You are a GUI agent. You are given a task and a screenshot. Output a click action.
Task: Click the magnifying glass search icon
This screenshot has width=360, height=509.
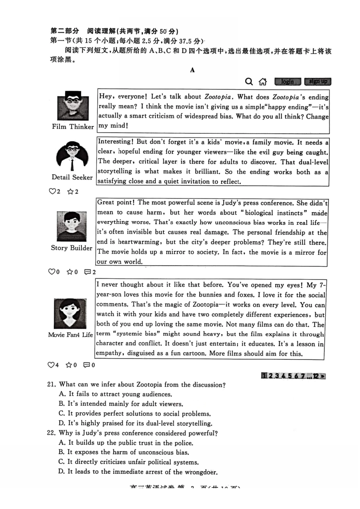249,81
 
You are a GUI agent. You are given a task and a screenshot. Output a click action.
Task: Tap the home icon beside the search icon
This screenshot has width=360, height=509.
263,81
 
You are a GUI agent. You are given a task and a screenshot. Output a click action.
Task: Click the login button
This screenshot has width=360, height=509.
287,81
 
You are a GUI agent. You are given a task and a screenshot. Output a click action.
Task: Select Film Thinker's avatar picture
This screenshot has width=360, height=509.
73,106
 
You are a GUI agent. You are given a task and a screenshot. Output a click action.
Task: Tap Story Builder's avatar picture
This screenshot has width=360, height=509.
72,226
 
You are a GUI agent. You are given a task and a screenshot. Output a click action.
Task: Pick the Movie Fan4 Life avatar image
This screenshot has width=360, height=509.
70,313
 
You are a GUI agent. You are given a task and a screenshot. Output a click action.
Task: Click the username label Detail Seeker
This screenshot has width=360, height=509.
72,177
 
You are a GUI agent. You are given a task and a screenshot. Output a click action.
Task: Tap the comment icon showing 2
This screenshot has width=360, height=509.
88,272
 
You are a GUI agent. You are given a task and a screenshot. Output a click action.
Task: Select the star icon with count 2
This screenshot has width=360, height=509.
70,192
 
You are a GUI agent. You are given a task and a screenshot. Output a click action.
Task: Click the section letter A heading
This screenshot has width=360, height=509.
193,70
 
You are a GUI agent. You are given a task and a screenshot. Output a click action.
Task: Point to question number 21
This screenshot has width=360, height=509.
51,384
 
